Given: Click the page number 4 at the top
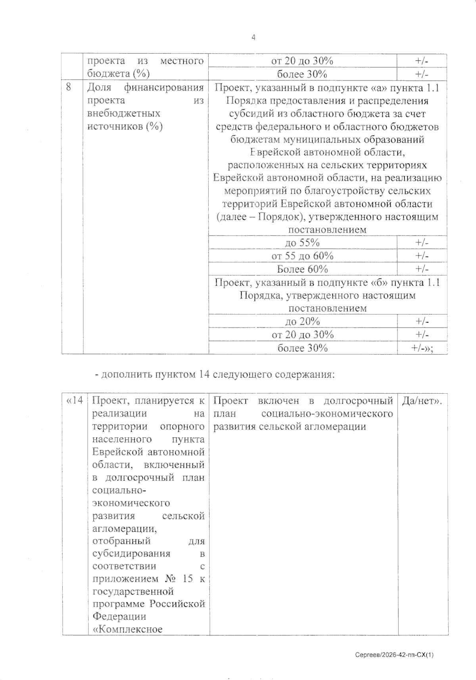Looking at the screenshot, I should (253, 37).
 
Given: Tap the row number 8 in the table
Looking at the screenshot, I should (69, 87).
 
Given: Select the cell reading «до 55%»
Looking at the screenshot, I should (302, 242).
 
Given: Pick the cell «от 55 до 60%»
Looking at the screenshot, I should (302, 255).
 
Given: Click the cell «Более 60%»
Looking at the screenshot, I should (302, 269).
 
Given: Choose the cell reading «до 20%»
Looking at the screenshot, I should (302, 321).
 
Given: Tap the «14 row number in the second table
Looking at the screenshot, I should (75, 400).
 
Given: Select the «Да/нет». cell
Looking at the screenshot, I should (422, 401).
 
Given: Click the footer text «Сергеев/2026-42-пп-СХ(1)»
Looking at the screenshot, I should (394, 655).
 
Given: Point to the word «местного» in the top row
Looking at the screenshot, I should (182, 61).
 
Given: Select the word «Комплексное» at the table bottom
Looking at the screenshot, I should (127, 629).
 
